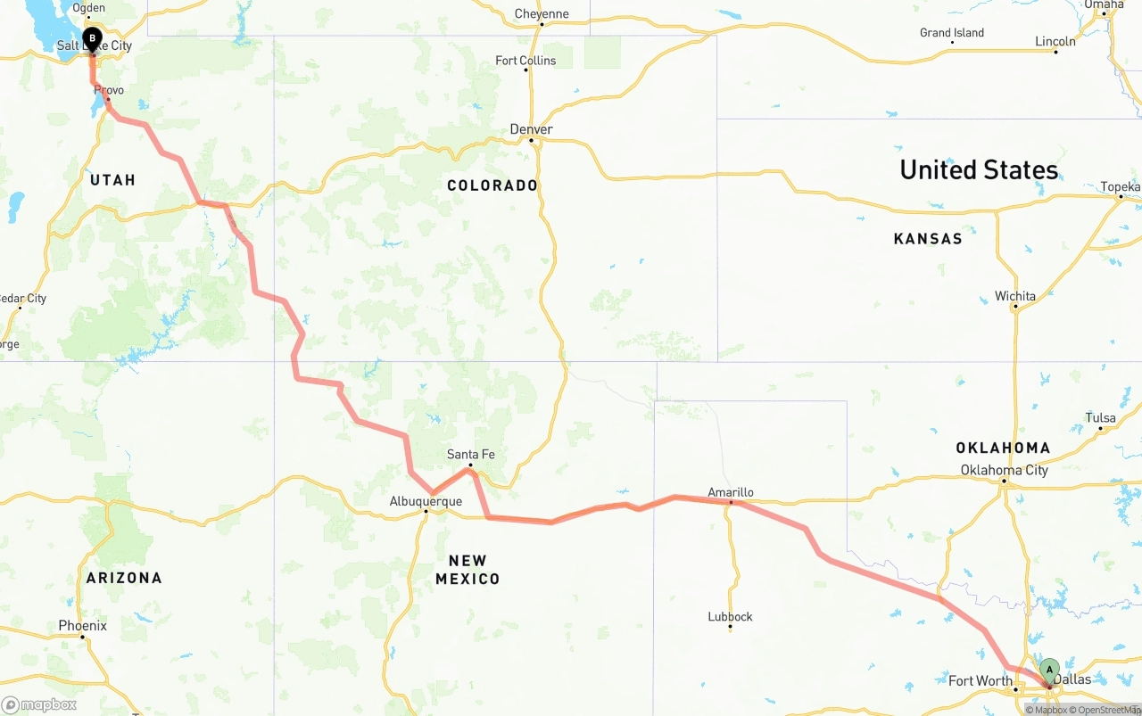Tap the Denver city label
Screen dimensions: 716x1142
[531, 130]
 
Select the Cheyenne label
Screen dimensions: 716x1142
[542, 14]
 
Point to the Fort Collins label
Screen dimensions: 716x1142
[525, 61]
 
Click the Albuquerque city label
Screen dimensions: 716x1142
[426, 502]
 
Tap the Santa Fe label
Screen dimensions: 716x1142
[470, 455]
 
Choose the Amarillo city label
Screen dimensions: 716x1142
[731, 492]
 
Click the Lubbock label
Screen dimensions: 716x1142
[730, 616]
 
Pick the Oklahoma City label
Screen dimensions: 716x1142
[1004, 470]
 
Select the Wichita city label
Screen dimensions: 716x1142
[1015, 296]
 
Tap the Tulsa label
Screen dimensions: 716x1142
[1100, 418]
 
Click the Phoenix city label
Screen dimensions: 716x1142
[82, 626]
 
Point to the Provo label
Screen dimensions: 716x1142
[109, 90]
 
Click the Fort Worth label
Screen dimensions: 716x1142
[981, 681]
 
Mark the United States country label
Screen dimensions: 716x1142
[979, 169]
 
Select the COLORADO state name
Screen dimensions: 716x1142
[492, 185]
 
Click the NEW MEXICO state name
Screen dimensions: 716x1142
[468, 570]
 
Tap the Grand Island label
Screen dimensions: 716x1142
[952, 33]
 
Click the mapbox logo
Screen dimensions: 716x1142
[39, 704]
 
